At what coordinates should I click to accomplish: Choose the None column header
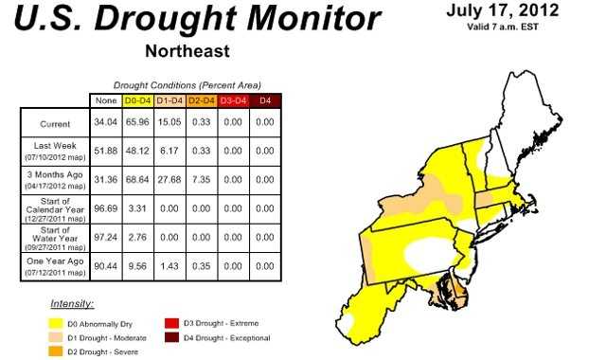click(x=107, y=100)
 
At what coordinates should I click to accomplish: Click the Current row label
click(x=55, y=124)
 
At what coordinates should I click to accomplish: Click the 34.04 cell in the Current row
click(x=107, y=124)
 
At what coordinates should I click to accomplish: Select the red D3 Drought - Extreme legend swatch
click(x=170, y=324)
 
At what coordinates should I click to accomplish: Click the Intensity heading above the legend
click(x=72, y=304)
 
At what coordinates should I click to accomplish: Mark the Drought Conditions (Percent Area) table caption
click(x=187, y=85)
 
